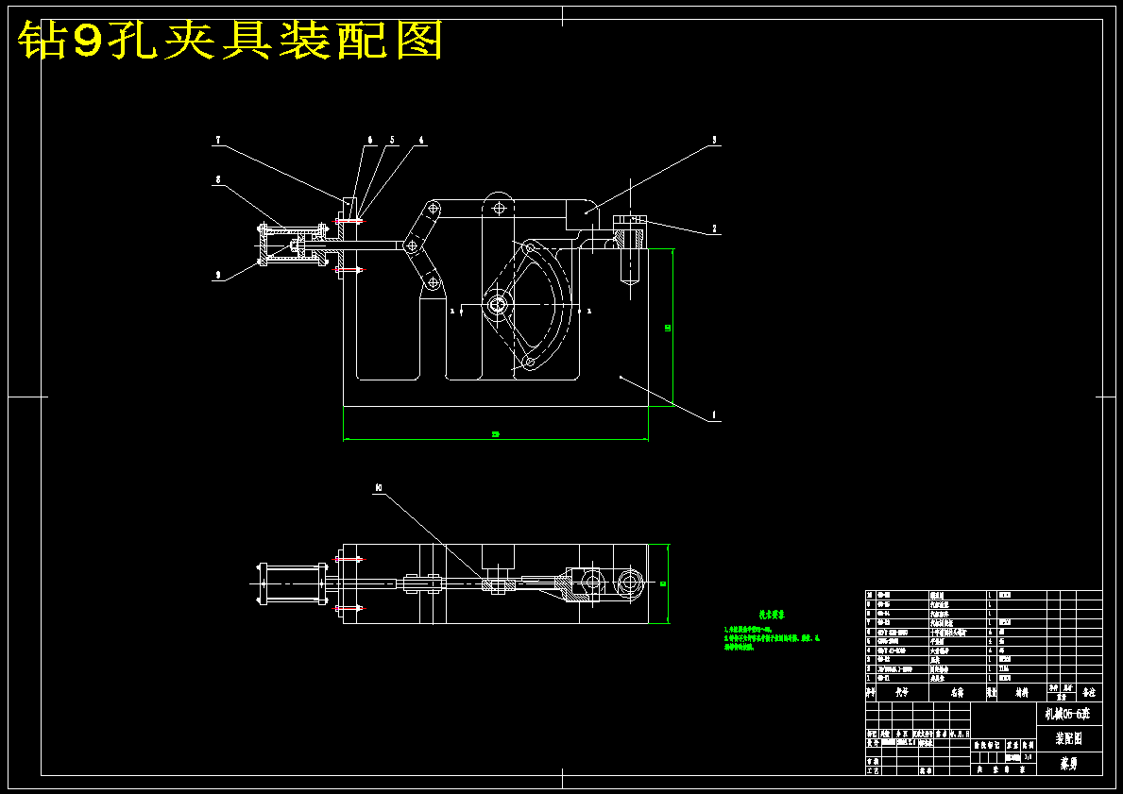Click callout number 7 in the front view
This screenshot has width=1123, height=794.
pyautogui.click(x=218, y=141)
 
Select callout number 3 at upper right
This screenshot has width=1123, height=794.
pyautogui.click(x=714, y=140)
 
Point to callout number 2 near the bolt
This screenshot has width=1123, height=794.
pyautogui.click(x=714, y=228)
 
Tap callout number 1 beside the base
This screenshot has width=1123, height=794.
pyautogui.click(x=714, y=414)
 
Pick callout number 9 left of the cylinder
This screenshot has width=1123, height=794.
pyautogui.click(x=218, y=275)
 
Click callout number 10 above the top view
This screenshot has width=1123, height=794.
pyautogui.click(x=378, y=488)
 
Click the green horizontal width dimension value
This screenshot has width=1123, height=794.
pyautogui.click(x=495, y=434)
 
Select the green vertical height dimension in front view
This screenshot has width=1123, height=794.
pyautogui.click(x=668, y=328)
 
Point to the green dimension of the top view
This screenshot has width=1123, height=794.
pyautogui.click(x=664, y=583)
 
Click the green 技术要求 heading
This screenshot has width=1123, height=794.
pyautogui.click(x=772, y=615)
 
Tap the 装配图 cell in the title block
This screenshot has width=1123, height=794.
pyautogui.click(x=1068, y=738)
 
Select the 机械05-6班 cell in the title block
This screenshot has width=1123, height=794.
pyautogui.click(x=1068, y=714)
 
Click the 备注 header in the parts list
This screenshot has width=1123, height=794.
pyautogui.click(x=1089, y=692)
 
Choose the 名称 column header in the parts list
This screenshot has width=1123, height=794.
pyautogui.click(x=957, y=692)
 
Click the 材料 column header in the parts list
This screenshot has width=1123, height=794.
pyautogui.click(x=1022, y=692)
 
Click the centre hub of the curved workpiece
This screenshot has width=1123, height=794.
pyautogui.click(x=497, y=305)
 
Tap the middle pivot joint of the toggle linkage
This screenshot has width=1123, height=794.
pyautogui.click(x=411, y=246)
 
